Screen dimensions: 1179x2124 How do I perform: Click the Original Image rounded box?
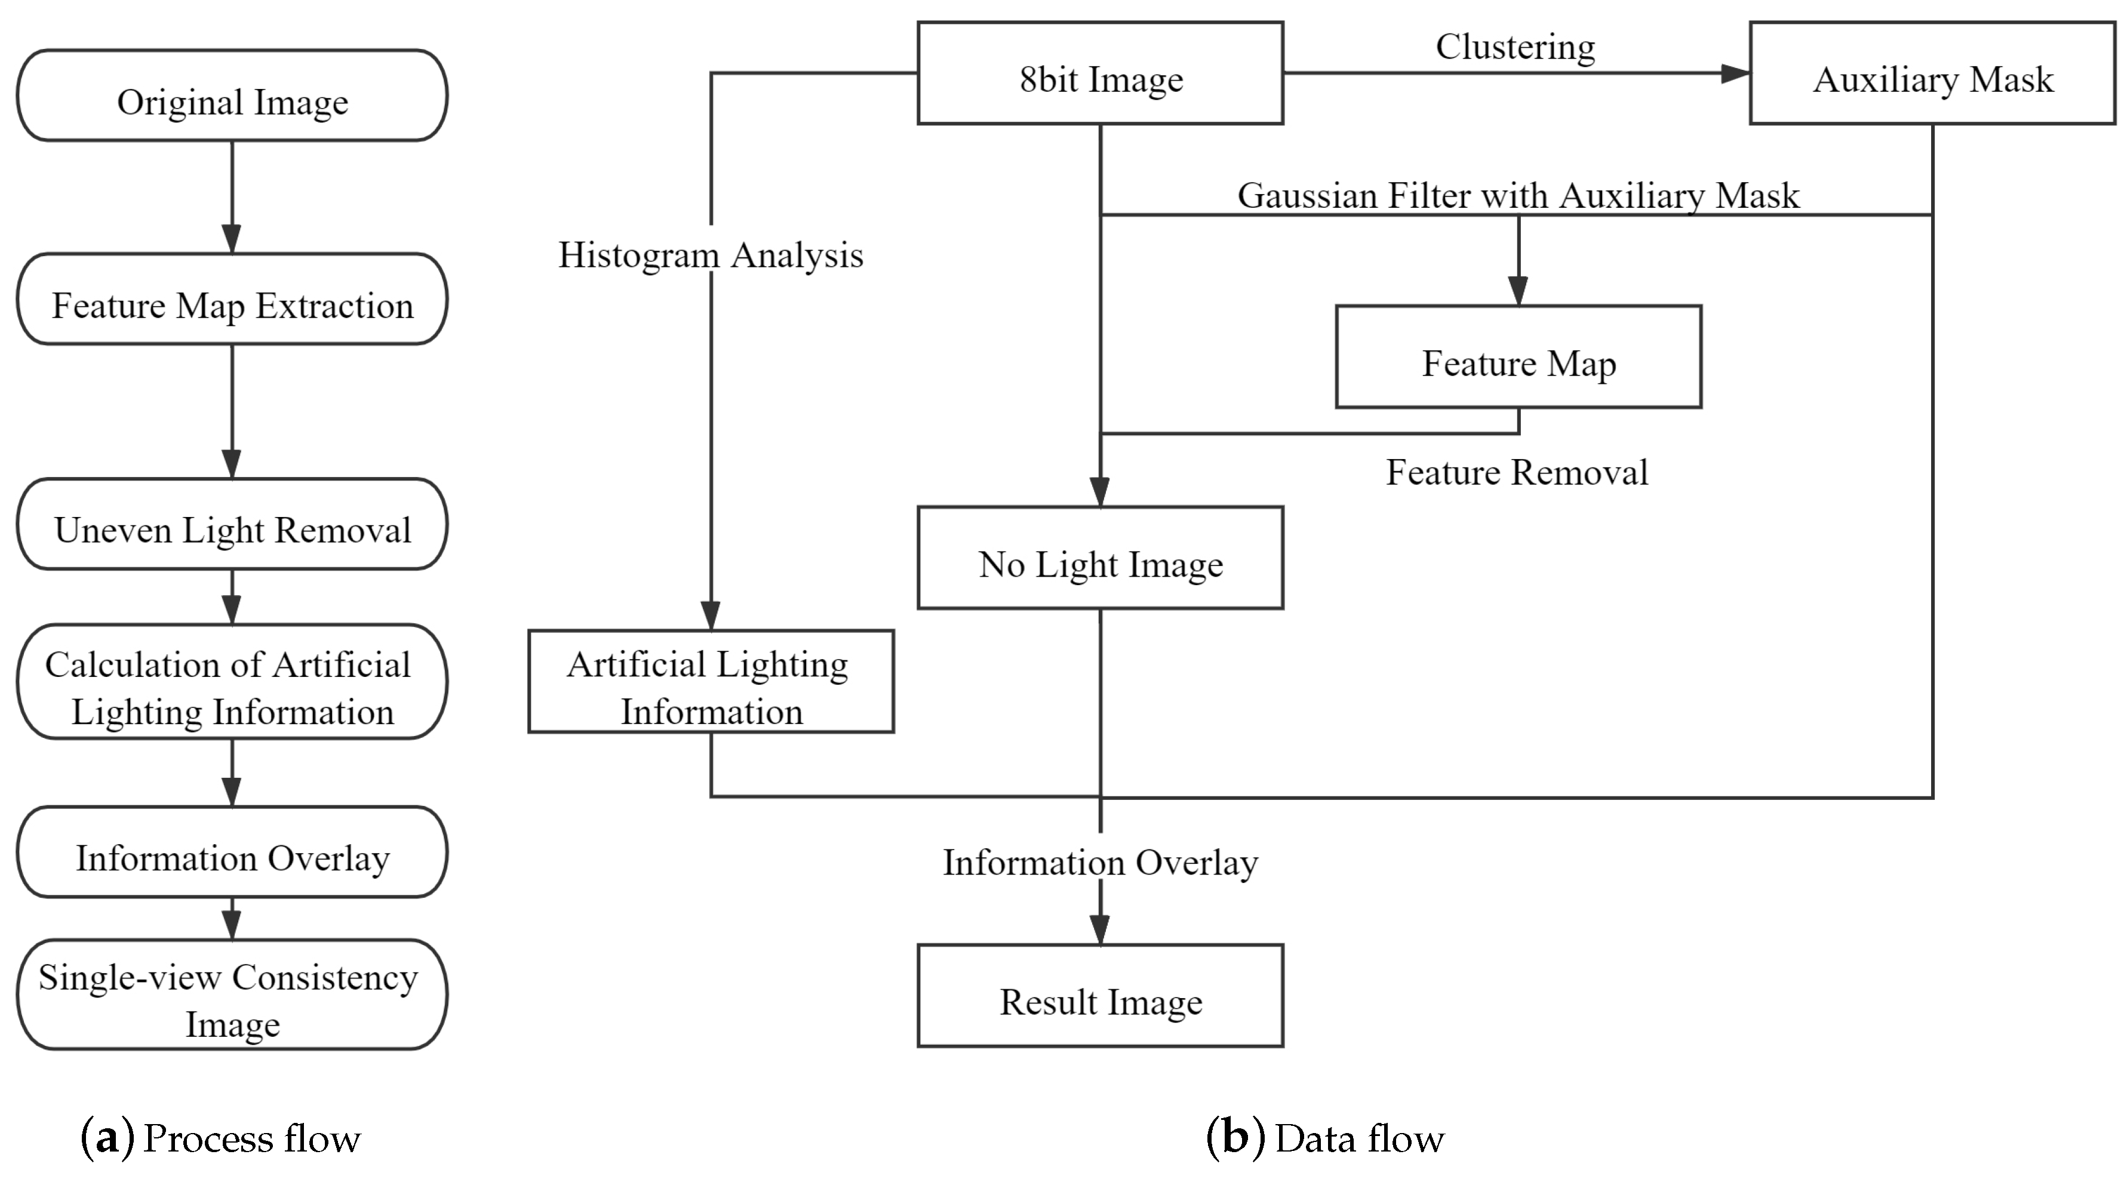(232, 96)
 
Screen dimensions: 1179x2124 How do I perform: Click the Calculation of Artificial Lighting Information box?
(232, 682)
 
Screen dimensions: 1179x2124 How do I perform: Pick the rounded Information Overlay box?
(232, 852)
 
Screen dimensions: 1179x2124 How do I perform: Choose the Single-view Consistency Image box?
(232, 995)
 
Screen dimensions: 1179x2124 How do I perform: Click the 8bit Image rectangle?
(1100, 74)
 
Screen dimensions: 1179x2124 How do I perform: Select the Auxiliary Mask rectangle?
(1932, 74)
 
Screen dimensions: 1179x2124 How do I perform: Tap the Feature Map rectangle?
(1518, 357)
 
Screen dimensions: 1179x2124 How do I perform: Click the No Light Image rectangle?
(1100, 558)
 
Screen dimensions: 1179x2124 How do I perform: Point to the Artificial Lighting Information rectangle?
(711, 682)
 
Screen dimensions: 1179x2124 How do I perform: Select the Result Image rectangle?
(1100, 996)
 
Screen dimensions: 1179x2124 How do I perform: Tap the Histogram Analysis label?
(711, 255)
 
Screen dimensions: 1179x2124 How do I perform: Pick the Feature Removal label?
(1516, 472)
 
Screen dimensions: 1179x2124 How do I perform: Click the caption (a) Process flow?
(220, 1138)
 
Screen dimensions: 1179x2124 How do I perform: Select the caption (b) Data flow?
(1325, 1138)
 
